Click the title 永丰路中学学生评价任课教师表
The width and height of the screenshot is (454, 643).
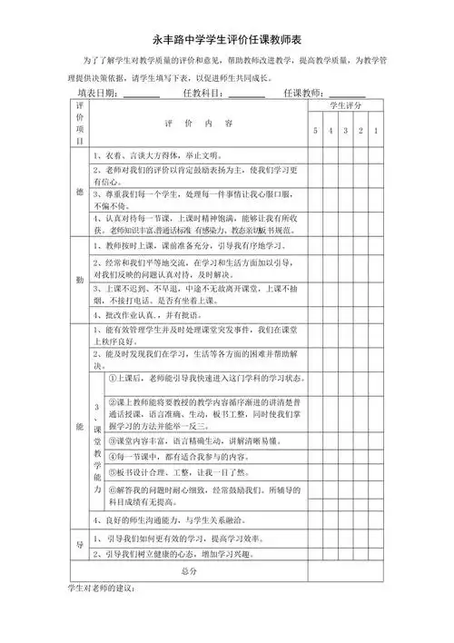226,41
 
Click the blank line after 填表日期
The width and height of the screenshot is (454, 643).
142,94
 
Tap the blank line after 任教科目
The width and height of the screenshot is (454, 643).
247,94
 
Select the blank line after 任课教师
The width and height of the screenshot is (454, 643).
348,94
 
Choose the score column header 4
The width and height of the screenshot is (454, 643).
331,133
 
